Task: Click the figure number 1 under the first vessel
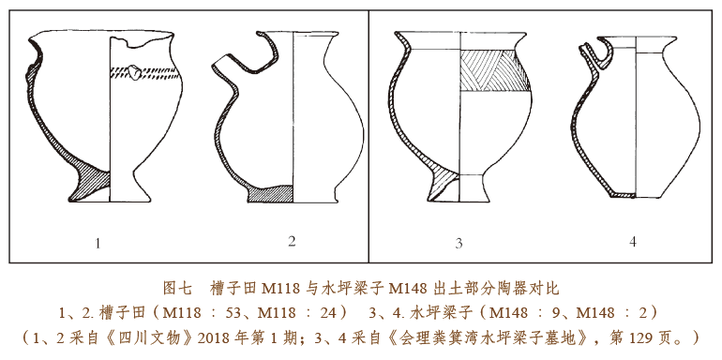pyautogui.click(x=98, y=243)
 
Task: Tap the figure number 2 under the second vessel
pyautogui.click(x=292, y=241)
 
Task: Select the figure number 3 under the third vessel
pyautogui.click(x=459, y=244)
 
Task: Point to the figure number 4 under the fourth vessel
pyautogui.click(x=633, y=242)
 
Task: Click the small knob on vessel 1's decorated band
pyautogui.click(x=135, y=72)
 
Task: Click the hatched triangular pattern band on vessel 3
pyautogui.click(x=494, y=69)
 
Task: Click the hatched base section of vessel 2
pyautogui.click(x=270, y=194)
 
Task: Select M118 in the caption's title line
pyautogui.click(x=282, y=289)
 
